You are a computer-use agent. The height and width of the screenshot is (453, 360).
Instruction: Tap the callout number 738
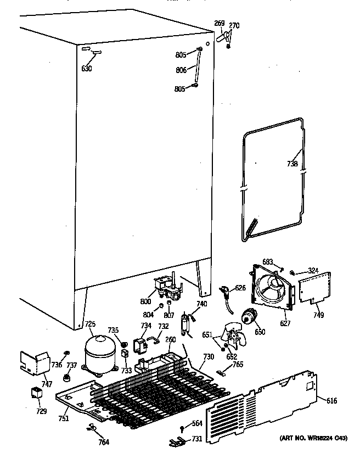click(292, 164)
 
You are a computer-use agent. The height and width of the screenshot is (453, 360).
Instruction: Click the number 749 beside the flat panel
click(318, 315)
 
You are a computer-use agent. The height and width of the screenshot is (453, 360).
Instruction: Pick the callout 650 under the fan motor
click(260, 332)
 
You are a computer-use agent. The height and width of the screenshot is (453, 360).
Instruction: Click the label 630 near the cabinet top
click(87, 69)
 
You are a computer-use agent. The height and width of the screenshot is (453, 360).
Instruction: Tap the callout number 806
click(181, 71)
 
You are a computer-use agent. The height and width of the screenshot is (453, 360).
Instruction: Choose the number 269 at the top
click(219, 23)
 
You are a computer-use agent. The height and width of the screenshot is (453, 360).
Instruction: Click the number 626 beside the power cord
click(240, 288)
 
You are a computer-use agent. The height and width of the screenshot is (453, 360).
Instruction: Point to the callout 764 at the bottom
click(103, 442)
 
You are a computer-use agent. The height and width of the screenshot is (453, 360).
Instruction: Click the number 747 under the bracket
click(47, 384)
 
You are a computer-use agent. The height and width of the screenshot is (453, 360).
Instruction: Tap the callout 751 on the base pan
click(64, 418)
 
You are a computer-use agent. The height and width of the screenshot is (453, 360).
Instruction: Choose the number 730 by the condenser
click(208, 357)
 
